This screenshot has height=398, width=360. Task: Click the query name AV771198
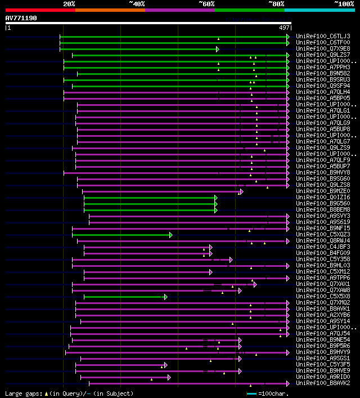tap(21, 18)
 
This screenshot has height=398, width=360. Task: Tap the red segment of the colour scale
tap(40, 10)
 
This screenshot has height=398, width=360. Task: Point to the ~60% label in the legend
tap(206, 3)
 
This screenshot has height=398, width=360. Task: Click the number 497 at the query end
tap(284, 27)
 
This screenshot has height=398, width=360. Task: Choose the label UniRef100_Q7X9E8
tap(322, 48)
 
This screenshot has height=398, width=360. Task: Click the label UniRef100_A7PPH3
tap(322, 67)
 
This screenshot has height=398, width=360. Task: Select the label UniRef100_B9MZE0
tap(322, 191)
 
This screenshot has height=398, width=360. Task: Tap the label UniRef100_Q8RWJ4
tap(322, 240)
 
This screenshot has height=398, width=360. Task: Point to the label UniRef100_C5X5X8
tap(322, 296)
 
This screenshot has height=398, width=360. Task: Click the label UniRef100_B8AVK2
tap(322, 383)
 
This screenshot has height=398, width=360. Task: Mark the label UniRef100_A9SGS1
tap(322, 358)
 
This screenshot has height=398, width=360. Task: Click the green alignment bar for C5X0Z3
tap(121, 235)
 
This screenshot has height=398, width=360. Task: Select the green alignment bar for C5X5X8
tap(124, 297)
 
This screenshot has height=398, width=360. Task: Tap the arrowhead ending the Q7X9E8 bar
tap(217, 49)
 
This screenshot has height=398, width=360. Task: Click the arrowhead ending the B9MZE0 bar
tap(241, 191)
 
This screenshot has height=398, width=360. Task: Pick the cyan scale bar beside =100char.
tap(251, 393)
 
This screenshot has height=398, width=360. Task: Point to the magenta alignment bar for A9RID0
tap(124, 377)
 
